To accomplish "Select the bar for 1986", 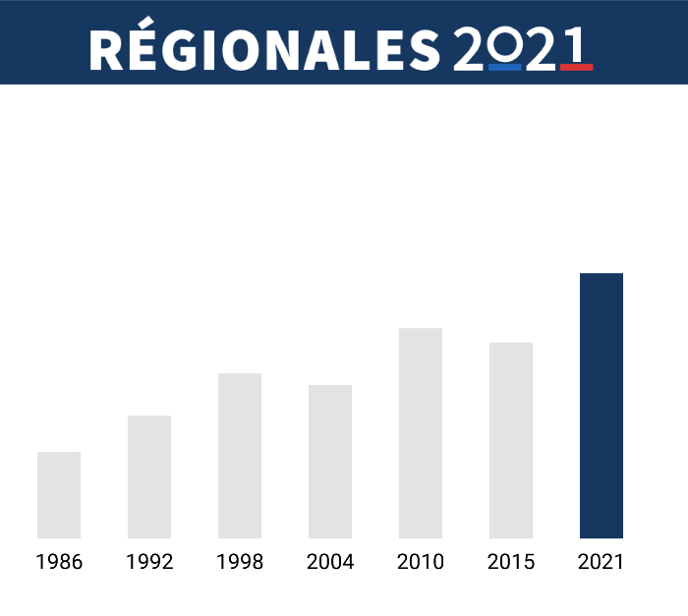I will [59, 495].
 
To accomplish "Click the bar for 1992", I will [149, 476].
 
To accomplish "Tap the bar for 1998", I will [240, 456].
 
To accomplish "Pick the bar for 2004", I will [330, 462].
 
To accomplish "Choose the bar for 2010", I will [421, 433].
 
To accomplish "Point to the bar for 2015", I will [511, 440].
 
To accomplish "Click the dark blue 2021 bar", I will [602, 406].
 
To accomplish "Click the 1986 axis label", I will [59, 563].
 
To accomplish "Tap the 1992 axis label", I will [149, 563].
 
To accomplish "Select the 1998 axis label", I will [240, 563].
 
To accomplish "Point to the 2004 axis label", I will [330, 563].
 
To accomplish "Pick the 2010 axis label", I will [421, 563].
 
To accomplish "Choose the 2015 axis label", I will [511, 563].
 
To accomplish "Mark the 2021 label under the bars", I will [602, 563].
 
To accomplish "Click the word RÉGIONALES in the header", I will [264, 49].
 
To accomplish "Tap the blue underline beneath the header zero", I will [504, 68].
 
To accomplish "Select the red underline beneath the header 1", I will [576, 68].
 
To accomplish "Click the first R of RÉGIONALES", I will [105, 50].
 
